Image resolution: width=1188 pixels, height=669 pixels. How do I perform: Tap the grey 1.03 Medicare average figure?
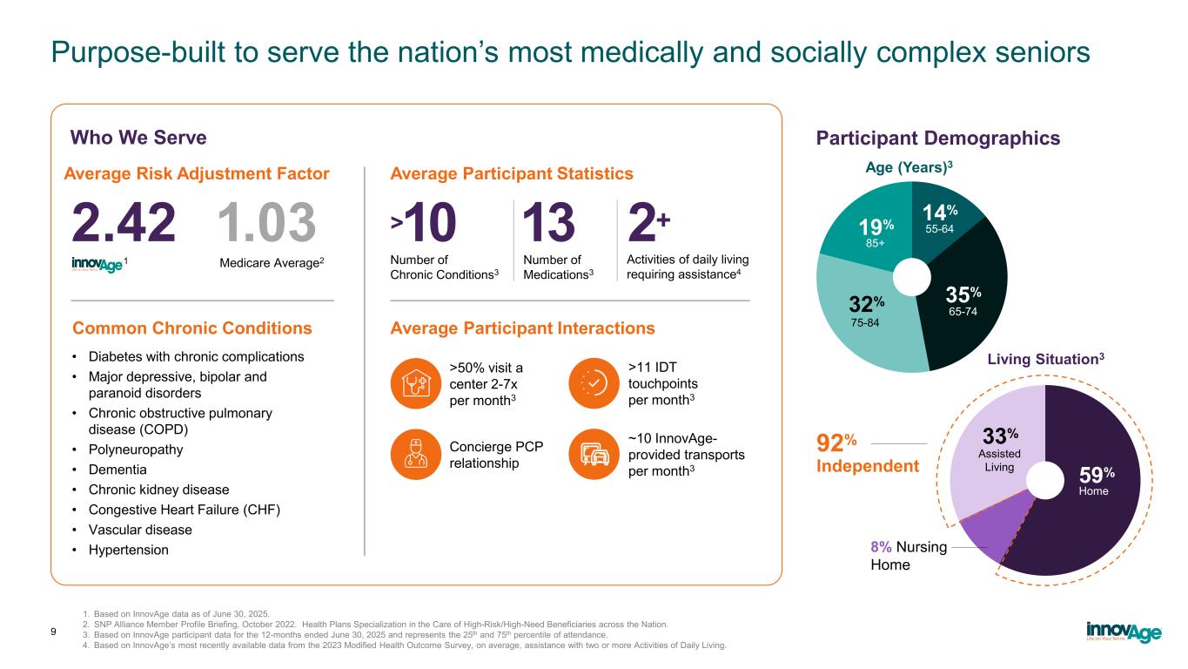266,223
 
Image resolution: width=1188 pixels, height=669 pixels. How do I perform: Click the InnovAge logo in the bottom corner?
1123,631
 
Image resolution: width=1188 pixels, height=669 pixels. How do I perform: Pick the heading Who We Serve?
138,138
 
